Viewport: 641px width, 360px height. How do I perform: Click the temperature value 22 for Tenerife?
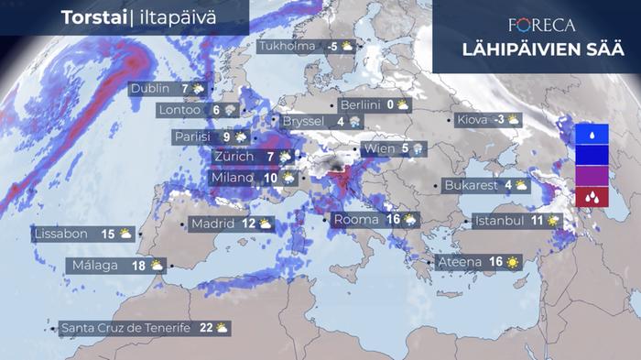(206, 327)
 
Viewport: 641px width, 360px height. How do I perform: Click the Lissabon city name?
(62, 234)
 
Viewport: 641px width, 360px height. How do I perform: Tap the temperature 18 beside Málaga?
(139, 266)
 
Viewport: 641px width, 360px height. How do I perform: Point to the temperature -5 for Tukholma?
(333, 46)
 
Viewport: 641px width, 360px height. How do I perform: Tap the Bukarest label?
(470, 185)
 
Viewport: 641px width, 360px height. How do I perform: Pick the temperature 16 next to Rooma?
(394, 220)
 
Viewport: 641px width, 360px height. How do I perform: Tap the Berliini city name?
(359, 104)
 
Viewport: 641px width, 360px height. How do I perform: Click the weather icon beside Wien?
(418, 148)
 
